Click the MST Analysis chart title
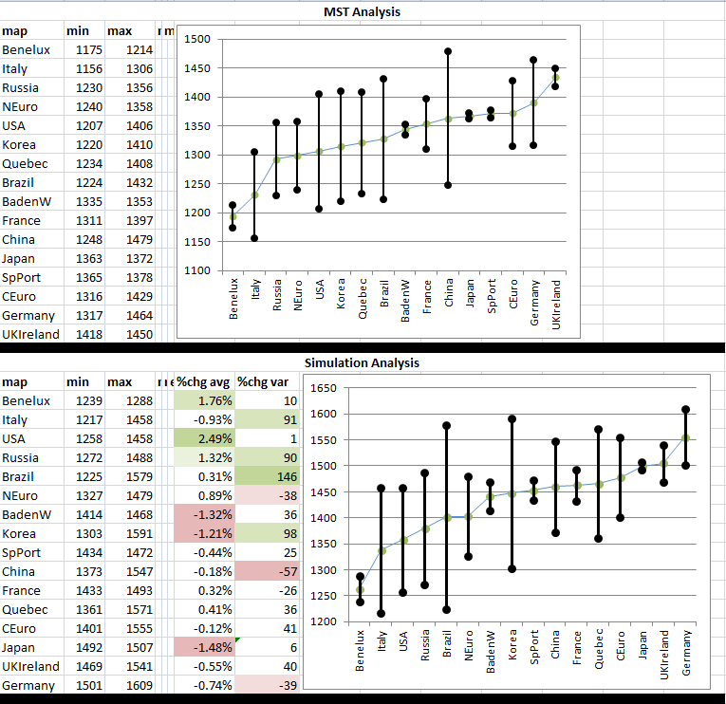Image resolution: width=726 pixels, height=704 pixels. pos(363,11)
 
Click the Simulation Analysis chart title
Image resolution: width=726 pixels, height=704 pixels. pos(362,362)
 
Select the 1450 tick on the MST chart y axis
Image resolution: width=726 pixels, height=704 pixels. pos(197,68)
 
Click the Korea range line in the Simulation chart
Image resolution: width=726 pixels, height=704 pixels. pos(512,493)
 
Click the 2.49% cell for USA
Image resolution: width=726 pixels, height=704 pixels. pos(204,438)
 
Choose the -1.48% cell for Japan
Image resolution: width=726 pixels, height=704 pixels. pos(204,647)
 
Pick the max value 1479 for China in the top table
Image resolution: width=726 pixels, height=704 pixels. pos(139,239)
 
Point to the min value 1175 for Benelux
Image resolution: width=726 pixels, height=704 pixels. pos(88,49)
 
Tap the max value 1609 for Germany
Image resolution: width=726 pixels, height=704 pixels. pos(139,685)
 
